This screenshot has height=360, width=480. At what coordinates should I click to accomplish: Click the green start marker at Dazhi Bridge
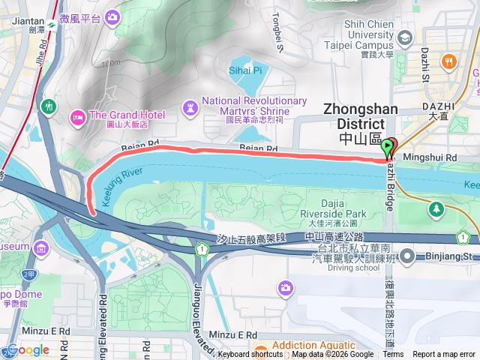pyautogui.click(x=388, y=147)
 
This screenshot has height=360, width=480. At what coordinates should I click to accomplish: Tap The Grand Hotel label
pyautogui.click(x=127, y=115)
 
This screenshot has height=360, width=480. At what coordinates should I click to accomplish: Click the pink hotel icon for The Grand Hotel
pyautogui.click(x=77, y=116)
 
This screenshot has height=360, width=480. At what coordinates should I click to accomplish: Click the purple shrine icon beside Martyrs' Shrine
pyautogui.click(x=190, y=106)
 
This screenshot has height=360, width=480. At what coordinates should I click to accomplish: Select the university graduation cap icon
pyautogui.click(x=406, y=37)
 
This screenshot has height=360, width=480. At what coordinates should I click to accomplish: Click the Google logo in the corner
pyautogui.click(x=28, y=349)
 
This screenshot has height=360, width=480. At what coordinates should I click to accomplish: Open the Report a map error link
pyautogui.click(x=445, y=355)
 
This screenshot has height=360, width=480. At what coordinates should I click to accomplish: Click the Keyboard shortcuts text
pyautogui.click(x=250, y=355)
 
